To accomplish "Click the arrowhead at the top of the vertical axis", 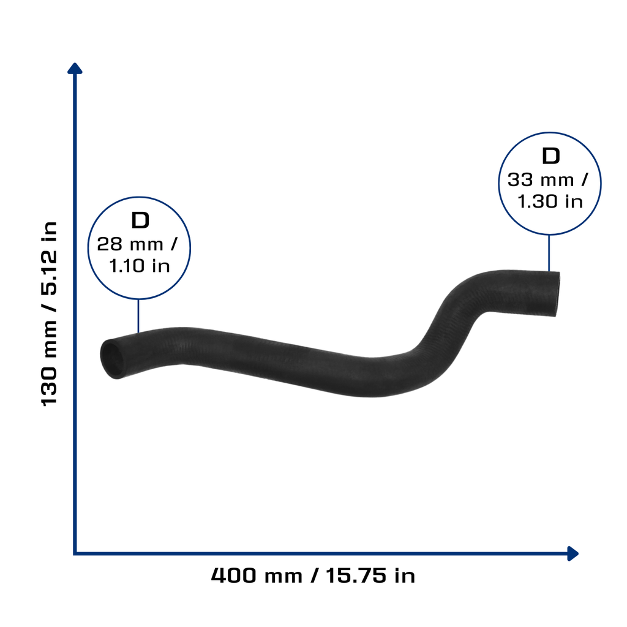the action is pyautogui.click(x=75, y=68).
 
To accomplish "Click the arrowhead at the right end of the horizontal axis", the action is pyautogui.click(x=573, y=554).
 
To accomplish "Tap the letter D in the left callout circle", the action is pyautogui.click(x=140, y=220).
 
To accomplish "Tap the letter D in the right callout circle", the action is pyautogui.click(x=550, y=156).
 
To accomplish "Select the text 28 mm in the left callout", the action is pyautogui.click(x=130, y=244).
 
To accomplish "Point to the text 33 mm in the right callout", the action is pyautogui.click(x=541, y=180).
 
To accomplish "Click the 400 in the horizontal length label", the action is pyautogui.click(x=233, y=576).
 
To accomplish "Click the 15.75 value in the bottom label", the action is pyautogui.click(x=356, y=576).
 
